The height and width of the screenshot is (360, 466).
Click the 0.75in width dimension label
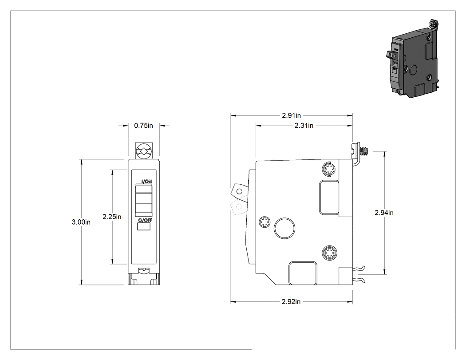coord(143,126)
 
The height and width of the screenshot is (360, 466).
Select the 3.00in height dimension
coord(81,222)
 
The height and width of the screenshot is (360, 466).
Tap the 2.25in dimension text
coord(112,217)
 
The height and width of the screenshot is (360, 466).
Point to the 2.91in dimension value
coord(291,115)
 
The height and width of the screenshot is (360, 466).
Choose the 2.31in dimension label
coord(304,126)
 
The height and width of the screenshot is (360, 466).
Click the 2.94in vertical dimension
coord(384,213)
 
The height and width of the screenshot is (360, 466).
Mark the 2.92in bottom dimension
coord(291,302)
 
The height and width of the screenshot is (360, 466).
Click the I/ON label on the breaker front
coord(146,182)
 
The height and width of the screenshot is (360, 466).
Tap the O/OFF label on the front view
coord(145,220)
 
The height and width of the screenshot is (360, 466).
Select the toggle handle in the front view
coord(144,200)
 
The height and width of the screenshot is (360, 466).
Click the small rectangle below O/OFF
coord(144,227)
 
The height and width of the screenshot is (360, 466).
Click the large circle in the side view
coord(284,228)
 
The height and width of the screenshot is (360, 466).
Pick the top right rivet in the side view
coord(329,169)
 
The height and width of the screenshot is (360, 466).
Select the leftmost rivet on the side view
coord(264,222)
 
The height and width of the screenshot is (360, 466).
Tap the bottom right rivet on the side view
coord(329,253)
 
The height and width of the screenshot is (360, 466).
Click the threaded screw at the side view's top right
coord(363,151)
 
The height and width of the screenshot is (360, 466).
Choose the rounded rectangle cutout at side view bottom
coord(303,273)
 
